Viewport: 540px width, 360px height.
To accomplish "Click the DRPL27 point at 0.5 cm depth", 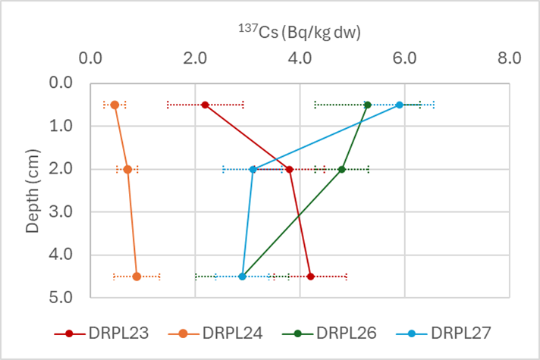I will (x=400, y=105).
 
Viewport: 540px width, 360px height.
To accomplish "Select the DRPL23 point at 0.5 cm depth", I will (x=206, y=105).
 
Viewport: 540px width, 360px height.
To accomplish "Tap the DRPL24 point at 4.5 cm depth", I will (x=137, y=276).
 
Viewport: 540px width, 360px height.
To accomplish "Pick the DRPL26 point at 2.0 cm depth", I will (x=342, y=169).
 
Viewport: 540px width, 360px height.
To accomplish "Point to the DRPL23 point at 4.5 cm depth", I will (x=310, y=276).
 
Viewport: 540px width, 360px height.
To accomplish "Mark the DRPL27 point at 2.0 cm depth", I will (x=253, y=169).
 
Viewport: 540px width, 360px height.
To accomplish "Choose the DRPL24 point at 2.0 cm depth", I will (x=127, y=169).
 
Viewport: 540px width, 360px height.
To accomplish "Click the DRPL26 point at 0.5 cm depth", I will (x=368, y=105).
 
